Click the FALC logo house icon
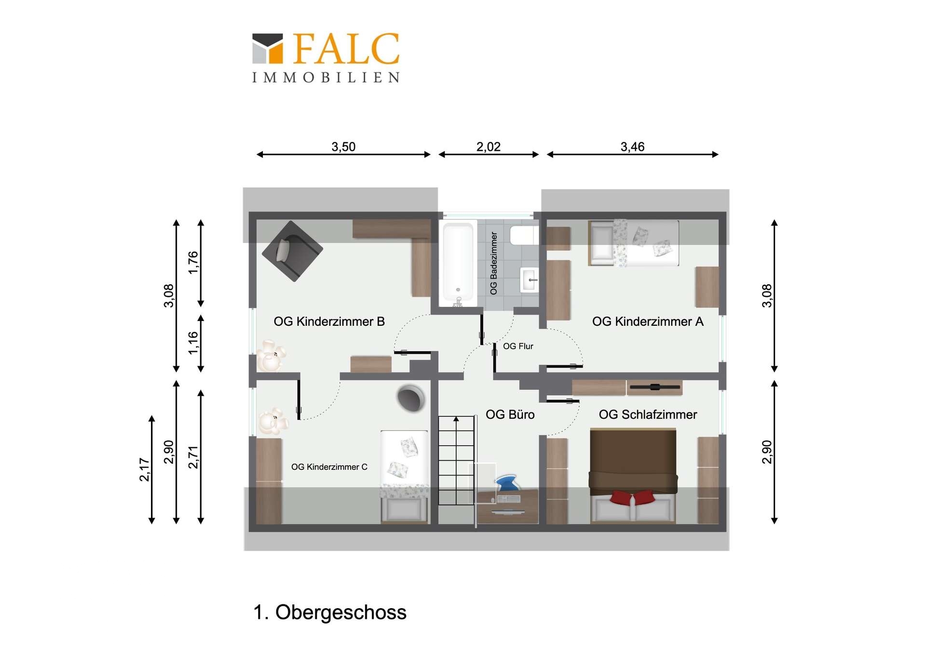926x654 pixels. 268,49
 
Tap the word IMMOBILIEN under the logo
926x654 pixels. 326,78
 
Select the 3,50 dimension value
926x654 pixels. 343,147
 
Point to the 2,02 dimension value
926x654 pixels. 489,147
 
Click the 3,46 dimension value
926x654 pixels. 632,147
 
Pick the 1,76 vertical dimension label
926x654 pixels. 193,263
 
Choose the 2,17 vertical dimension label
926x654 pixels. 144,469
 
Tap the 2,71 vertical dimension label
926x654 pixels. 193,457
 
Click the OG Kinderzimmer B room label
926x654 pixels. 329,321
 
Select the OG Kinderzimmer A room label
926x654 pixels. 648,321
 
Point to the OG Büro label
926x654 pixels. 510,414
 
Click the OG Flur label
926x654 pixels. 518,346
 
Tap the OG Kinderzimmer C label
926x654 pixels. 329,467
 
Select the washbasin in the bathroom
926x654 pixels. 529,280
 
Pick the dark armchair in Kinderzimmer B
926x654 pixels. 292,251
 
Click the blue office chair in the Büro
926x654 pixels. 507,483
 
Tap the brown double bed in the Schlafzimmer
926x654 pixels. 633,476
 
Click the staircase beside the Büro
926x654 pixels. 456,460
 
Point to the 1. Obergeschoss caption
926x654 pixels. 330,612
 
